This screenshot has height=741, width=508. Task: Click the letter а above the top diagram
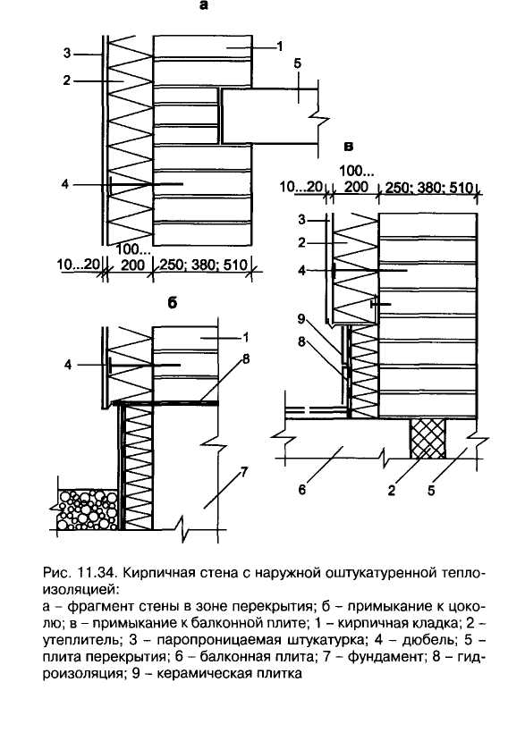click(x=203, y=6)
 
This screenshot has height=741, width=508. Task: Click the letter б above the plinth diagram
click(x=173, y=302)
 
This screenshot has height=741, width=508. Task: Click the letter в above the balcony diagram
click(x=349, y=147)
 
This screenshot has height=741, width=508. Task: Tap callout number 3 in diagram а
click(x=67, y=54)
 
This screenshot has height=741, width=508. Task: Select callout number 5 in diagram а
click(x=297, y=63)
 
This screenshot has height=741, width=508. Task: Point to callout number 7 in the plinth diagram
click(x=244, y=472)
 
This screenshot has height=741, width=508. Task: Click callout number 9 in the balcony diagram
click(x=301, y=319)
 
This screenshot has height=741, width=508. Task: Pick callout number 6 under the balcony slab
click(x=302, y=489)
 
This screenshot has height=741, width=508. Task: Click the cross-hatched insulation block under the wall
click(x=428, y=438)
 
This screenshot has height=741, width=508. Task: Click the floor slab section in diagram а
click(x=268, y=116)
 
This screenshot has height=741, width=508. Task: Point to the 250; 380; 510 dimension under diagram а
click(x=203, y=265)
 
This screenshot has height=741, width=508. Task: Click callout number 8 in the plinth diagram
click(x=245, y=359)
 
